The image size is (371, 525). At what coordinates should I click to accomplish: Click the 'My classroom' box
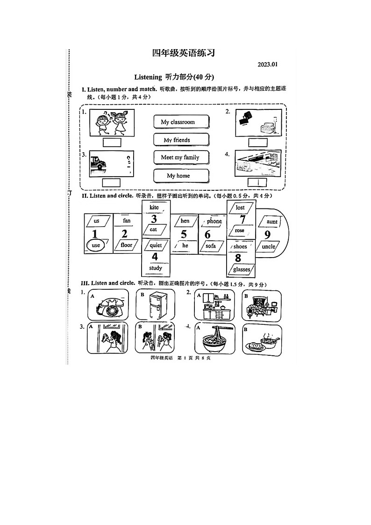click(x=181, y=122)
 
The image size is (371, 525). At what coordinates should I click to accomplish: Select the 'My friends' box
click(x=181, y=140)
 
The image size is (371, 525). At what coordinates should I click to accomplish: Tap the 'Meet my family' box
click(x=181, y=158)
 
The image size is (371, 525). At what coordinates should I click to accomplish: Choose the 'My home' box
click(x=181, y=176)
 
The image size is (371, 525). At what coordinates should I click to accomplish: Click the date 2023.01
click(x=267, y=65)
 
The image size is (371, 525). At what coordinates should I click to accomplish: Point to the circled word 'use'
click(x=96, y=245)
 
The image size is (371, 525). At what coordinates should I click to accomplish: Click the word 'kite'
click(x=154, y=207)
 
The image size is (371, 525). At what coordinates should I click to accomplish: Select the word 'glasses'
click(x=242, y=269)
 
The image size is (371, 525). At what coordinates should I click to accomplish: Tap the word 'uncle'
click(x=269, y=246)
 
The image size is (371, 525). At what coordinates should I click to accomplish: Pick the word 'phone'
click(x=214, y=221)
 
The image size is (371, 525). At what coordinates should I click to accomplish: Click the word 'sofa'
click(x=211, y=245)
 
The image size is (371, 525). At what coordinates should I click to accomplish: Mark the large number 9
click(x=267, y=235)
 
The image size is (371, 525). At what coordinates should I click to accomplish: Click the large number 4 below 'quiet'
click(x=155, y=257)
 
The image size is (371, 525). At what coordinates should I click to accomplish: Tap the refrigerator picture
click(x=155, y=305)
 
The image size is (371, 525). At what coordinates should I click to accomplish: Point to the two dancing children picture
click(x=112, y=122)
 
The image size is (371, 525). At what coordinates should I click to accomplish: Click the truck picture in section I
click(x=100, y=164)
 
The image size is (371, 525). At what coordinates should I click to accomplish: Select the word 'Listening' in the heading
click(x=148, y=77)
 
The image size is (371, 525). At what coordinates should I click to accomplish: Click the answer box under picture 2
click(x=258, y=142)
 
